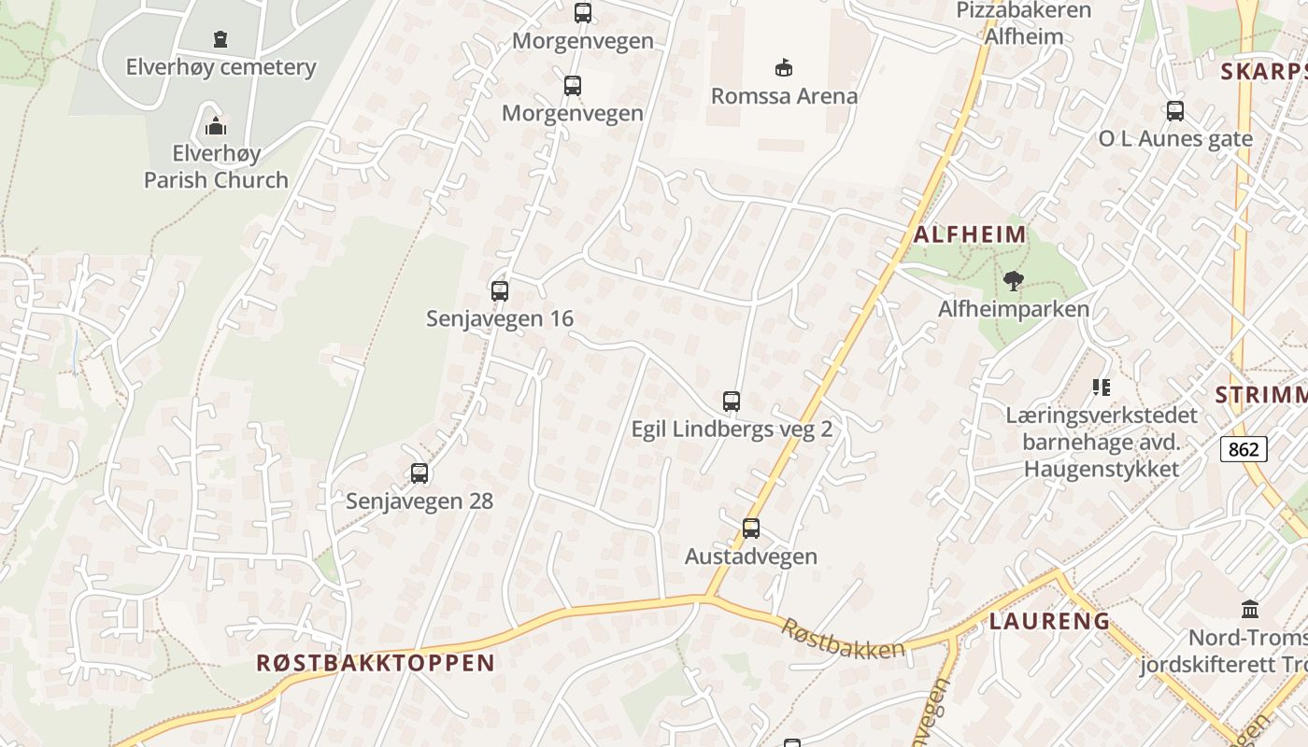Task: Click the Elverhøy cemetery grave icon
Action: click(x=220, y=39)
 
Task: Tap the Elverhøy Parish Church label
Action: click(x=216, y=166)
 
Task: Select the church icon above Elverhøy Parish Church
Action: click(x=216, y=125)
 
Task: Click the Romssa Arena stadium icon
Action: click(x=784, y=67)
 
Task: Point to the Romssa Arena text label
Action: click(x=784, y=95)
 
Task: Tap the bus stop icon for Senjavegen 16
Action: click(x=500, y=290)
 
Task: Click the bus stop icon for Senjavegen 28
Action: click(x=419, y=473)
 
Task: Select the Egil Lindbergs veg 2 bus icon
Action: click(x=732, y=402)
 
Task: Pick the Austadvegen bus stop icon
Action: click(x=751, y=529)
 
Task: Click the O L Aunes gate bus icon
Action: click(x=1175, y=110)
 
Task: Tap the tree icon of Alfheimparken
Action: click(x=1013, y=280)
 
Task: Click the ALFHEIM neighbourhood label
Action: click(x=970, y=234)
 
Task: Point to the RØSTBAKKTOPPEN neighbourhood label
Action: click(x=376, y=663)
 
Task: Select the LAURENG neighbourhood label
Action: click(x=1049, y=621)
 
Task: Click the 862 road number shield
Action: click(x=1244, y=449)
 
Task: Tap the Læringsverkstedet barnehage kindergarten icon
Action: click(x=1102, y=387)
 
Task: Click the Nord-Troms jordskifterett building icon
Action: click(x=1250, y=609)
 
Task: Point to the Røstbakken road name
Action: click(x=843, y=638)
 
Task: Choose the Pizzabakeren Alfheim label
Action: click(x=1024, y=23)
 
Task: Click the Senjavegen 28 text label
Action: click(x=419, y=500)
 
